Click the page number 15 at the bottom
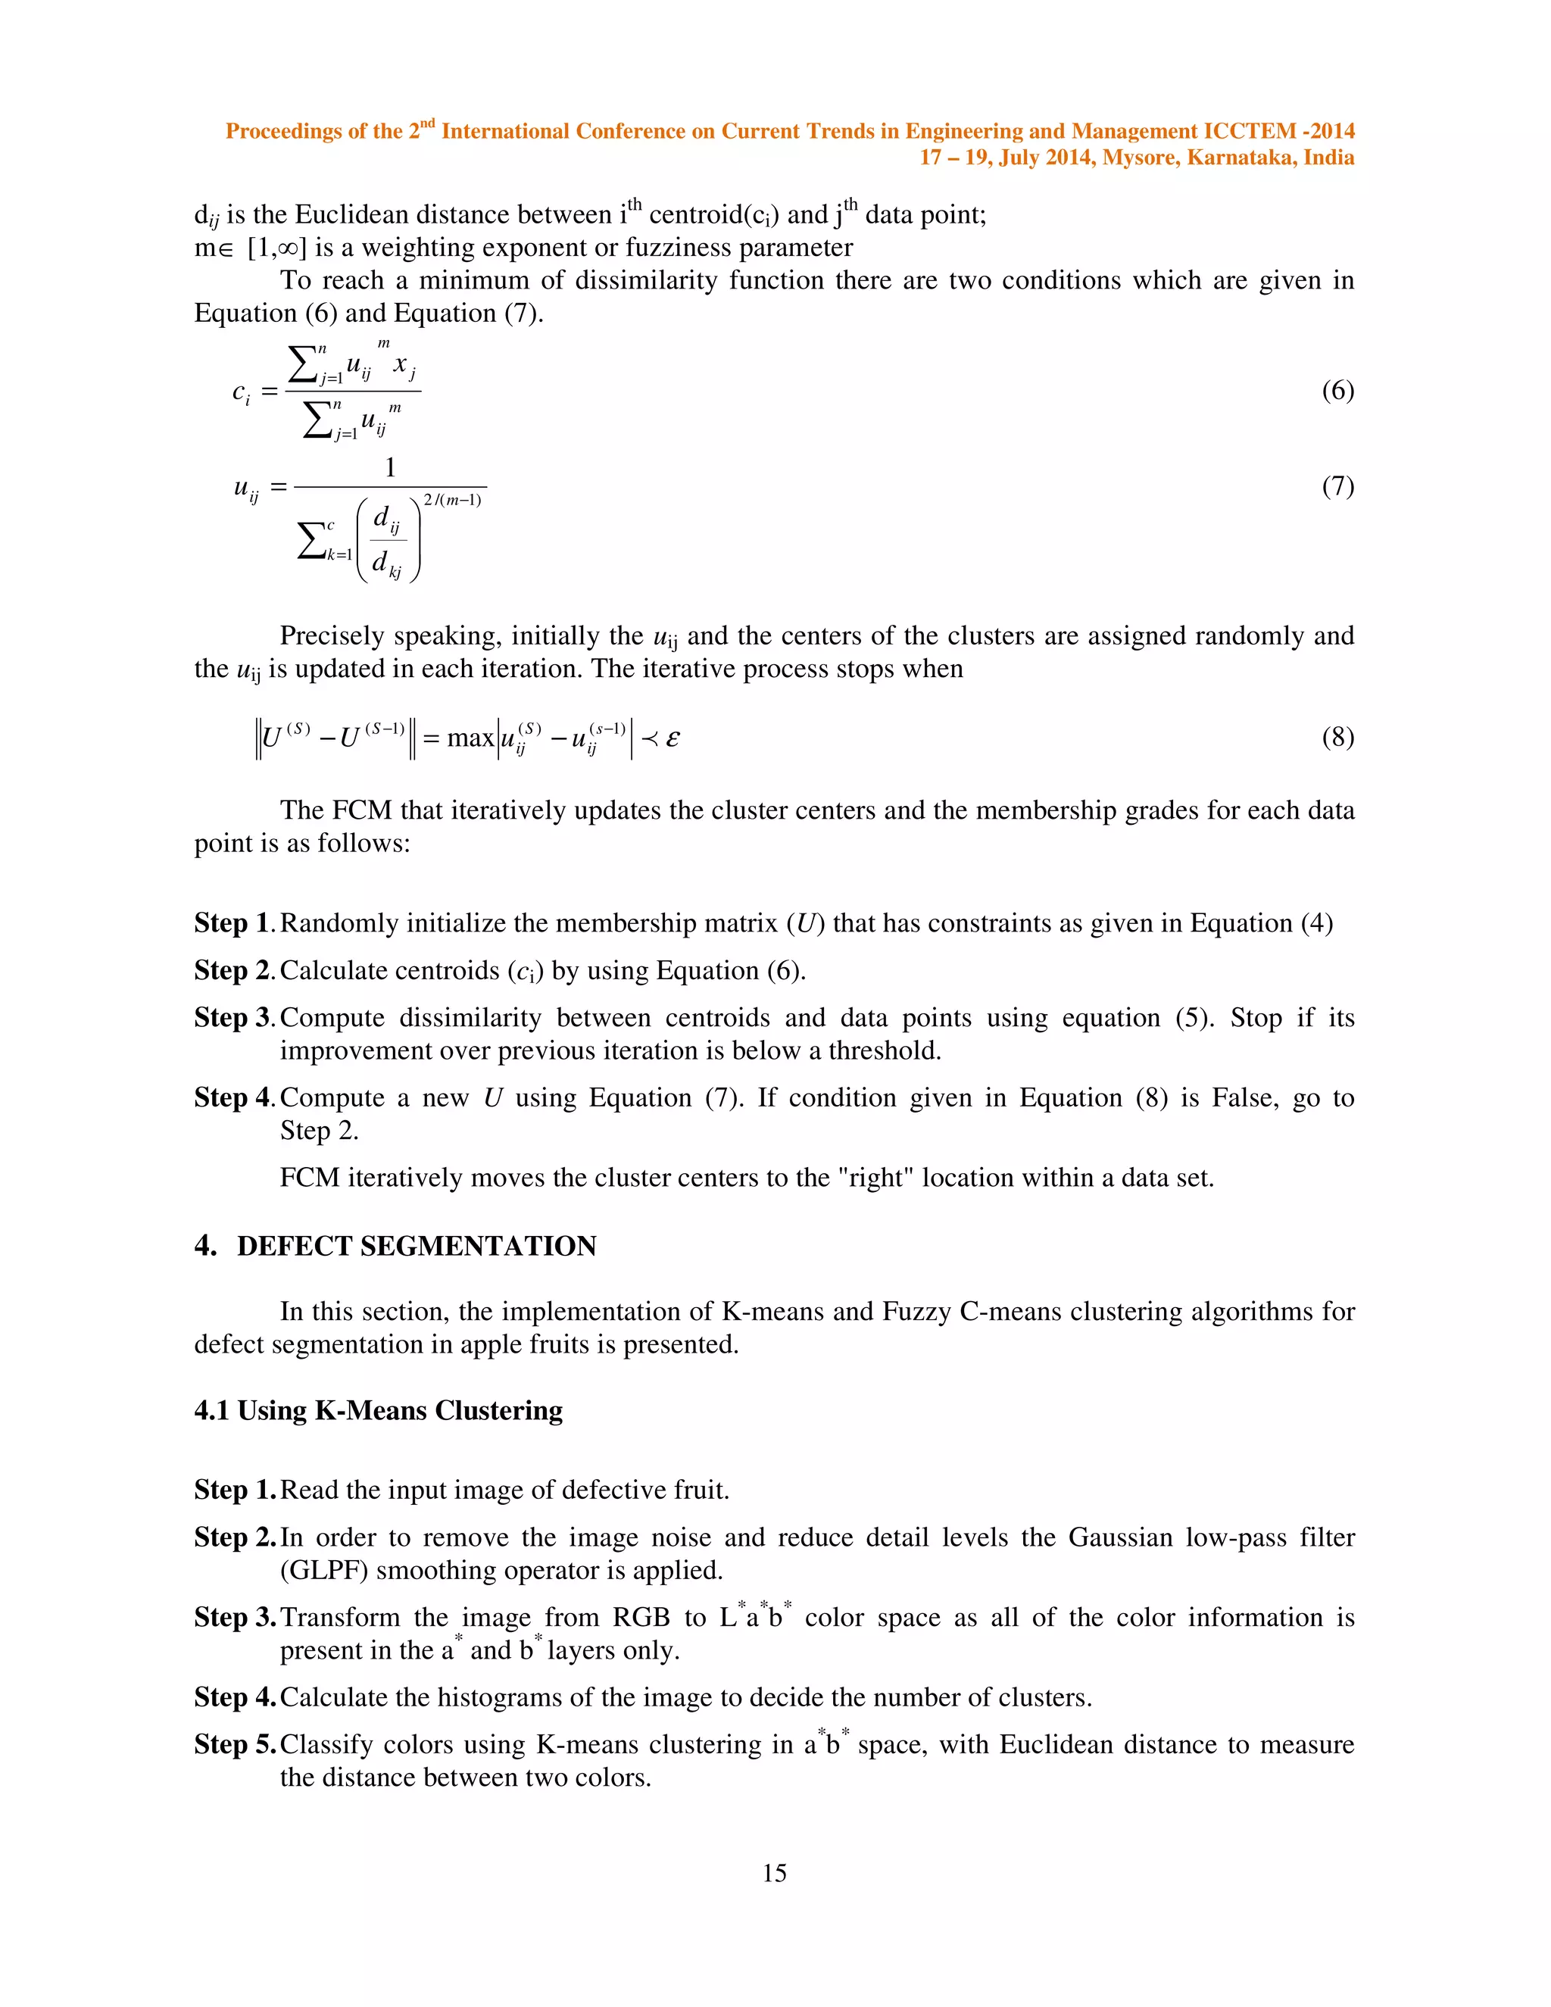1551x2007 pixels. tap(775, 1873)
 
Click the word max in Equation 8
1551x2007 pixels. tap(470, 738)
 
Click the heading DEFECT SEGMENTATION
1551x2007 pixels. tap(417, 1246)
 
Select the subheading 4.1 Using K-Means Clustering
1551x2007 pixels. tap(379, 1411)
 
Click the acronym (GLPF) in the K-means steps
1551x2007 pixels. tap(324, 1571)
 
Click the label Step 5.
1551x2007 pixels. tap(234, 1744)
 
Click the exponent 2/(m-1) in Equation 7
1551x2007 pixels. tap(452, 500)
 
